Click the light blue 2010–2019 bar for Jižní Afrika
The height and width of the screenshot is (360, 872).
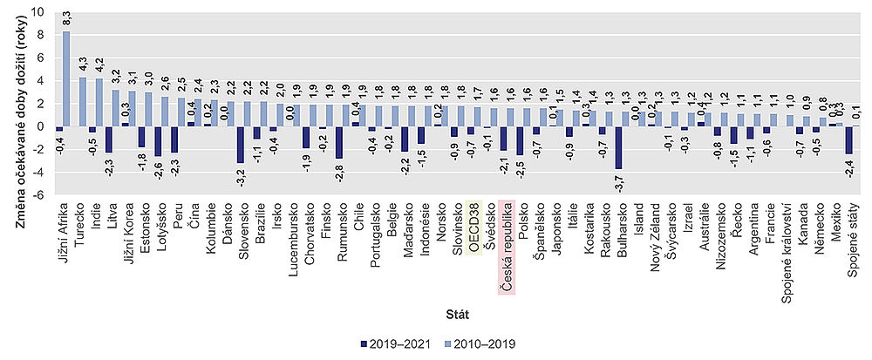66,78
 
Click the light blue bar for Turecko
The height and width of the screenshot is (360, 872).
82,101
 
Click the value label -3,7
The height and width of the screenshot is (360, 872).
618,183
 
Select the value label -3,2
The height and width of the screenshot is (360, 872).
240,178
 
